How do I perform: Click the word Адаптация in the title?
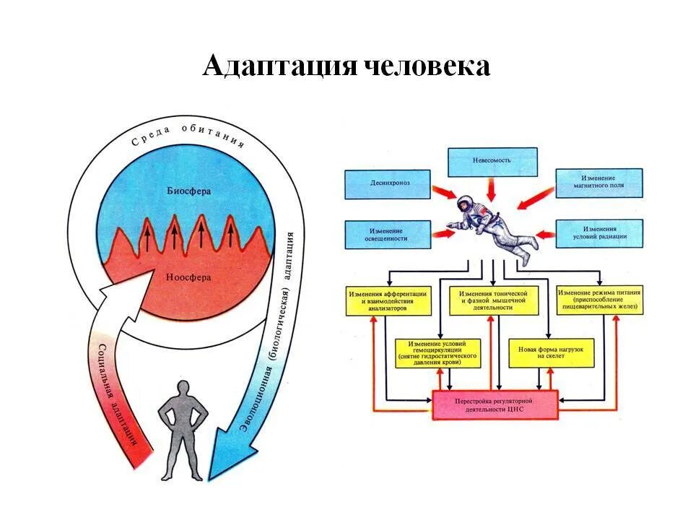278,66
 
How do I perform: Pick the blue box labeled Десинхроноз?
387,184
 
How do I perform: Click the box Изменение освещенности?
387,233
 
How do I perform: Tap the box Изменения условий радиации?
599,233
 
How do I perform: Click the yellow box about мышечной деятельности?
494,300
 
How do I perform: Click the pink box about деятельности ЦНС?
494,404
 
